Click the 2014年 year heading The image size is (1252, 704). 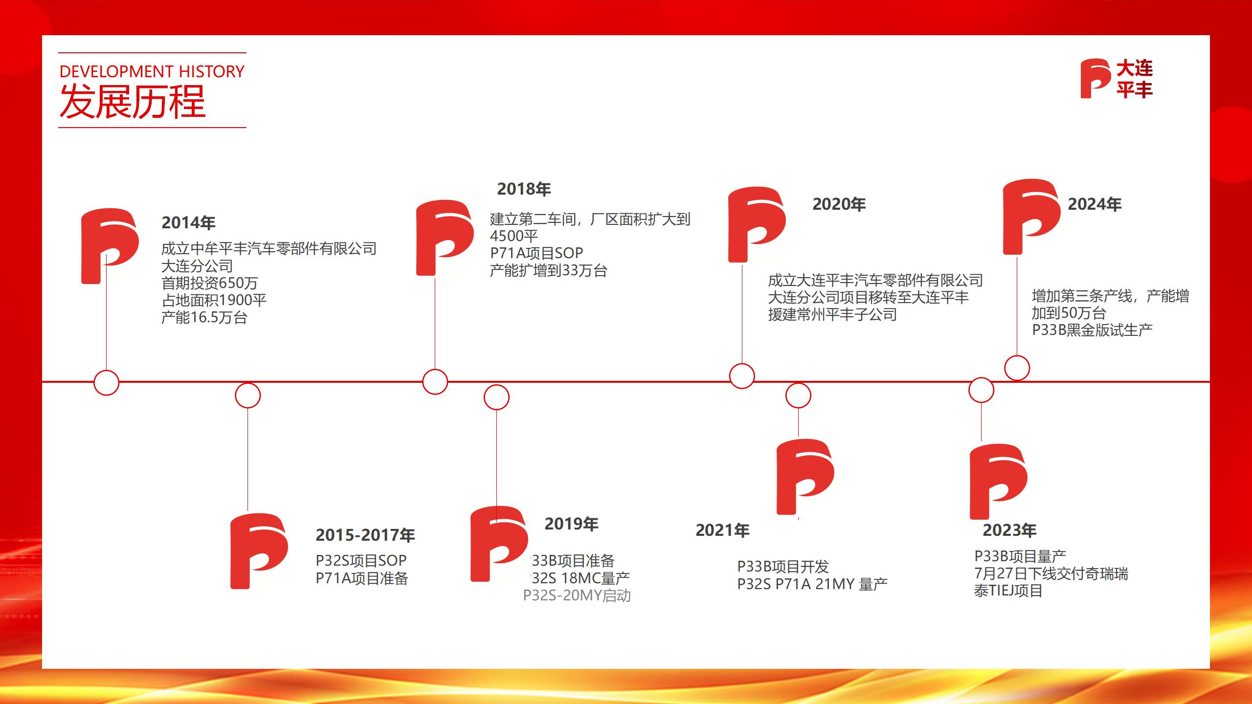coord(188,223)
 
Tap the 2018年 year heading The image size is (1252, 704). coord(524,189)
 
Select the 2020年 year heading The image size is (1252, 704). coord(839,204)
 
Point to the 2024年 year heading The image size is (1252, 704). coord(1095,204)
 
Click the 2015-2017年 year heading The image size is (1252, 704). coord(365,535)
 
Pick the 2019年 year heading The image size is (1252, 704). coord(571,524)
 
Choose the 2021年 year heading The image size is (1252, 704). coord(722,530)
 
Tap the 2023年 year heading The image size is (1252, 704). coord(1009,530)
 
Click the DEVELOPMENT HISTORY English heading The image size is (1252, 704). coord(152,72)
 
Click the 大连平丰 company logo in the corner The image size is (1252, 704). coord(1116,79)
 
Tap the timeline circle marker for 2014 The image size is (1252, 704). coord(106,383)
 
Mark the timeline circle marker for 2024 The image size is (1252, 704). coord(1017,368)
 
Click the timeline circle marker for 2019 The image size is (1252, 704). coord(496,397)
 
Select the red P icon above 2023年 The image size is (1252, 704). coord(998,481)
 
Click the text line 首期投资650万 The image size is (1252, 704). coord(209,283)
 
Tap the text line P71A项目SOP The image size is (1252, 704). coord(537,253)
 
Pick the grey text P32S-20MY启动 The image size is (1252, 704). coord(577,596)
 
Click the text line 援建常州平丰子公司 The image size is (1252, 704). coord(832,314)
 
